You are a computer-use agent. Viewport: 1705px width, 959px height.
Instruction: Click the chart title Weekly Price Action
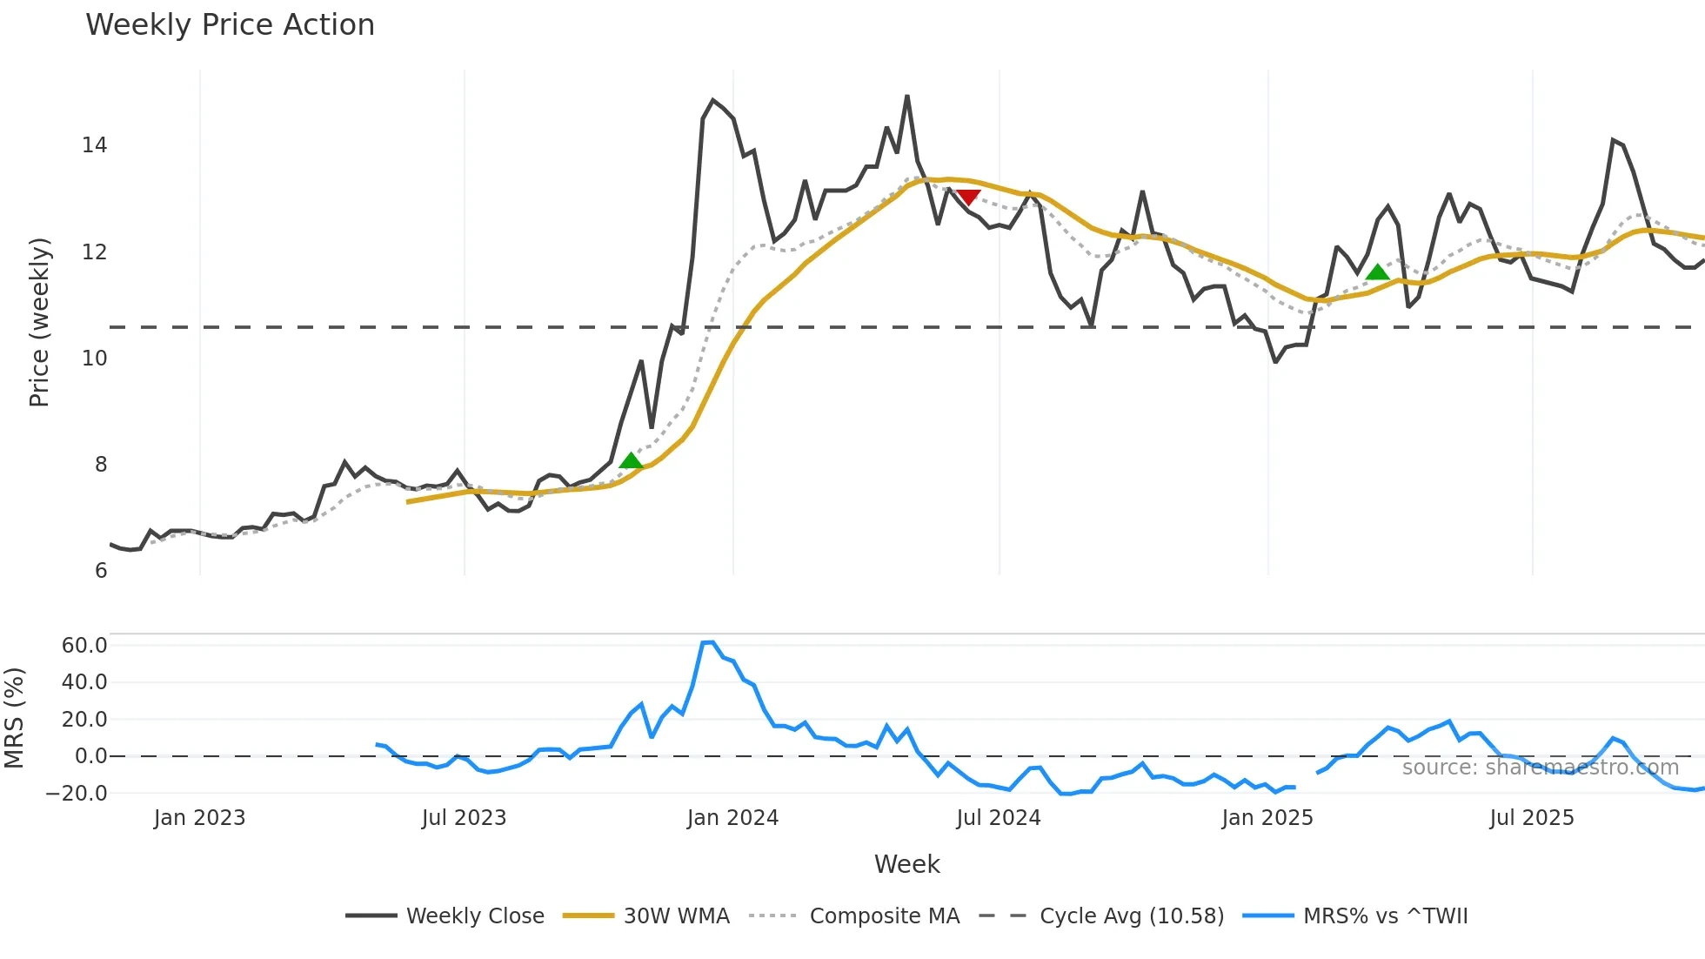pyautogui.click(x=230, y=25)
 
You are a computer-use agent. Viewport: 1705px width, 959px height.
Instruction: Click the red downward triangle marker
pyautogui.click(x=967, y=197)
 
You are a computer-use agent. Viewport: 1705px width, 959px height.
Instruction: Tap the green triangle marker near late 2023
pyautogui.click(x=631, y=460)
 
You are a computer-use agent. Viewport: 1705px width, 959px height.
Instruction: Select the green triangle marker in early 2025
pyautogui.click(x=1377, y=272)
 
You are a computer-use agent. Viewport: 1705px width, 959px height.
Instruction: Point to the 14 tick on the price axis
pyautogui.click(x=94, y=145)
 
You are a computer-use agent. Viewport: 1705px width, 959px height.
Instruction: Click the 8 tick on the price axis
pyautogui.click(x=101, y=465)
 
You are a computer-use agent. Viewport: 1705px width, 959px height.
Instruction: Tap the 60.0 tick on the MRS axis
pyautogui.click(x=84, y=645)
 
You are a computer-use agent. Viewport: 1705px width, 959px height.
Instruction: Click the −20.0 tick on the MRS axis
pyautogui.click(x=77, y=793)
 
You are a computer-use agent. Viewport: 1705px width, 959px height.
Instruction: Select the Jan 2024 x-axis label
pyautogui.click(x=732, y=818)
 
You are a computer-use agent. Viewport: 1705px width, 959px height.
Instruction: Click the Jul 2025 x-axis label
pyautogui.click(x=1531, y=818)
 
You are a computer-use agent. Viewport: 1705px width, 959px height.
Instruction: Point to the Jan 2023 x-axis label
pyautogui.click(x=199, y=818)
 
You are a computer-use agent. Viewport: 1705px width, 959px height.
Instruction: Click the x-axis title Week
pyautogui.click(x=906, y=864)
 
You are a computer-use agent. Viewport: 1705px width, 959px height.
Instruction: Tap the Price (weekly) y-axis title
pyautogui.click(x=39, y=322)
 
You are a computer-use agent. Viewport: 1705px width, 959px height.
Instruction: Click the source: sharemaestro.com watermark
pyautogui.click(x=1540, y=768)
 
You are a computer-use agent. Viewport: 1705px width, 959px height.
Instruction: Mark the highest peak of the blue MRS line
pyautogui.click(x=708, y=642)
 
